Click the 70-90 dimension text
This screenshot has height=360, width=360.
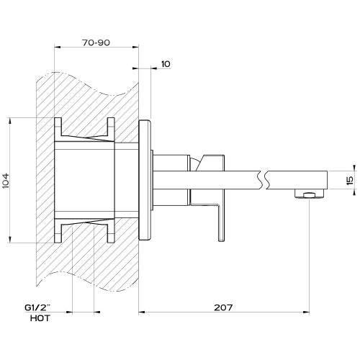coord(96,43)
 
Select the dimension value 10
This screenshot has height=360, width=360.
coord(165,64)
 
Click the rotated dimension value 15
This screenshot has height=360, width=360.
coord(350,180)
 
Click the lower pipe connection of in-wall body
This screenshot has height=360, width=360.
coord(86,232)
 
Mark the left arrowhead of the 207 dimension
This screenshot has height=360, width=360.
coord(140,312)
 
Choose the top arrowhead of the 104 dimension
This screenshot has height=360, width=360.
coord(10,120)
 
